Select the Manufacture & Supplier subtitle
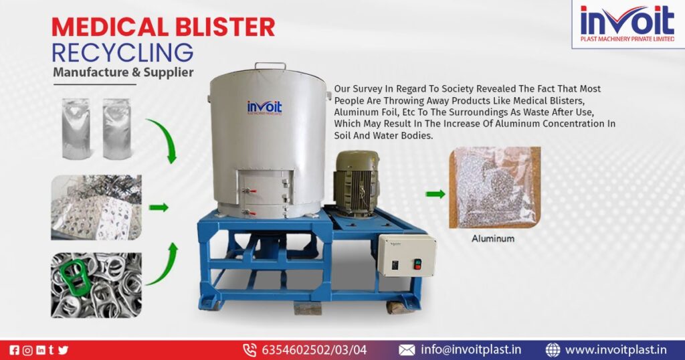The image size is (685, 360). click(123, 72)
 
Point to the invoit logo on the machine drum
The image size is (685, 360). click(264, 108)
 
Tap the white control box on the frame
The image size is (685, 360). click(406, 255)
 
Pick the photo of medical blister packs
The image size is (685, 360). click(96, 207)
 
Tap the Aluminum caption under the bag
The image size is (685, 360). click(493, 238)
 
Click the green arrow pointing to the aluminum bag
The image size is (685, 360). click(435, 195)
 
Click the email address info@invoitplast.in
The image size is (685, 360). click(470, 349)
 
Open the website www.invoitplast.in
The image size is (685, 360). click(615, 349)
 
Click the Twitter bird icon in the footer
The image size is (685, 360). click(64, 350)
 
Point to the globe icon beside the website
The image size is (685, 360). click(553, 349)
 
